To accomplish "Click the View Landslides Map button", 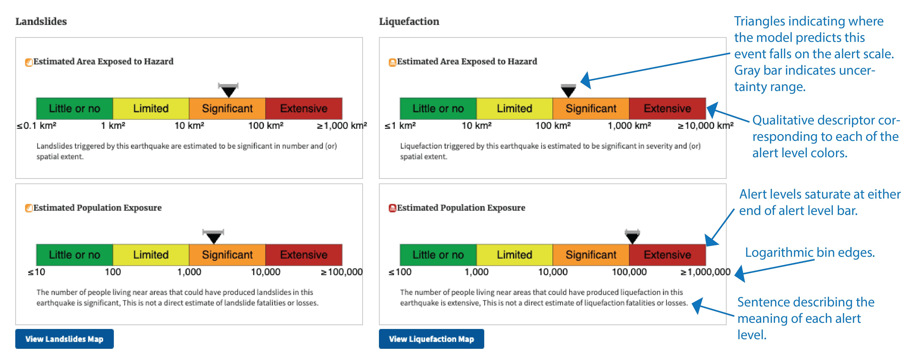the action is point(64,339).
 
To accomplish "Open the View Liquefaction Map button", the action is point(431,339).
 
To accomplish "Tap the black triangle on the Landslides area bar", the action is point(228,91).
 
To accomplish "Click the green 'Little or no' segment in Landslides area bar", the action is point(75,108).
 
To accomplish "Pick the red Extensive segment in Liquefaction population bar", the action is point(667,255).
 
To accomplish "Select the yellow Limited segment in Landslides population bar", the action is point(151,255).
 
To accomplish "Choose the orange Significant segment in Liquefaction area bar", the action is point(591,108).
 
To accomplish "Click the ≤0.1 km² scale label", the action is point(36,126).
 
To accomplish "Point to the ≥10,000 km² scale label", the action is point(706,126).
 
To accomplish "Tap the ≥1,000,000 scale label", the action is point(706,272).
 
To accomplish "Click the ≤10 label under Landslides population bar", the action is point(36,272).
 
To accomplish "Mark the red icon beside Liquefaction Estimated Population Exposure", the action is point(392,208).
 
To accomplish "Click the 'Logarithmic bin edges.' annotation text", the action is point(810,252).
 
